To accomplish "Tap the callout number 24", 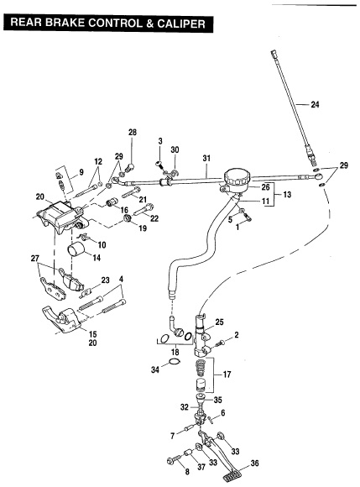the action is click(315, 104).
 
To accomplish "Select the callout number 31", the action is click(206, 158).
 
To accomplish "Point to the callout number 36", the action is click(254, 463).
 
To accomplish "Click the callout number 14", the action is click(97, 258).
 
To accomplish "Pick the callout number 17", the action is click(227, 374).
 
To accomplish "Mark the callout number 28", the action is click(133, 133).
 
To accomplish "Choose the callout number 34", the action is click(155, 369).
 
